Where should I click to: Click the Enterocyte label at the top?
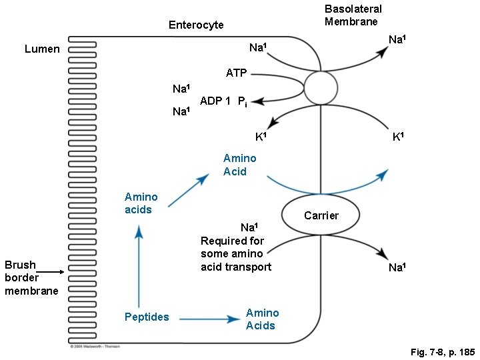196,25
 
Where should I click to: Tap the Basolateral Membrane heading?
353,15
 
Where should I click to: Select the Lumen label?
42,49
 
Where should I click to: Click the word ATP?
236,72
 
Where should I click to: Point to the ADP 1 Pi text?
224,102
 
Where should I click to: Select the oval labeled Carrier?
321,215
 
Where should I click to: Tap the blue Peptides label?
147,317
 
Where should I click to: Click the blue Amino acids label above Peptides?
141,203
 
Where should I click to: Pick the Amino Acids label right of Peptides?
262,319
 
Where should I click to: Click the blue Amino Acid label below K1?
239,165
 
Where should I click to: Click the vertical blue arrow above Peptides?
139,267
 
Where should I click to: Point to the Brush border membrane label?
31,277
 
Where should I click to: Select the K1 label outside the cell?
398,137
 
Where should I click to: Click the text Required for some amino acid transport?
236,253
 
